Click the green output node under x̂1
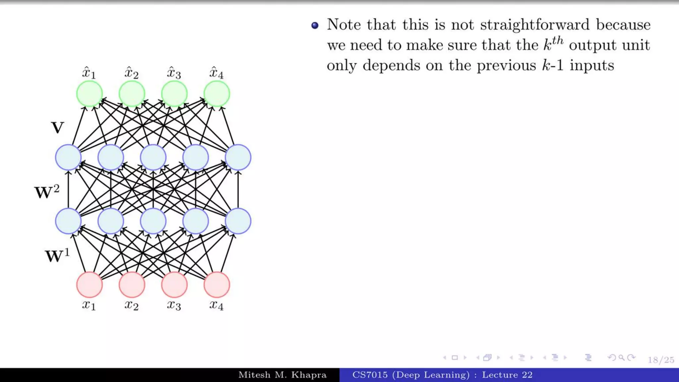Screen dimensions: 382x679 (x=89, y=94)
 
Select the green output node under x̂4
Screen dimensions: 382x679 (x=216, y=94)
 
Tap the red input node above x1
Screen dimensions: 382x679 (x=89, y=285)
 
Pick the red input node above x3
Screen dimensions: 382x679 (x=174, y=285)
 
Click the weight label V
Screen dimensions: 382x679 (x=57, y=128)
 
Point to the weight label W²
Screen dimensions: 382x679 (x=47, y=192)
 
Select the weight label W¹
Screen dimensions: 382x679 (x=57, y=256)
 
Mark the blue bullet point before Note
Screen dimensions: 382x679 (x=315, y=25)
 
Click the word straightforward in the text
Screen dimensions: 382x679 (x=535, y=25)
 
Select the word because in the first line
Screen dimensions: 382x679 (x=623, y=25)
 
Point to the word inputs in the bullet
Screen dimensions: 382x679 (x=592, y=65)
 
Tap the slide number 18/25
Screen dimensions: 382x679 (x=661, y=360)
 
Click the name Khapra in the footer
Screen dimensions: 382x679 (x=309, y=375)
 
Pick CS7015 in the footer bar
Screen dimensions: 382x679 (x=370, y=375)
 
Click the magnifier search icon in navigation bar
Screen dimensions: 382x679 (x=622, y=357)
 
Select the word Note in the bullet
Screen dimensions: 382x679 (x=344, y=25)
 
